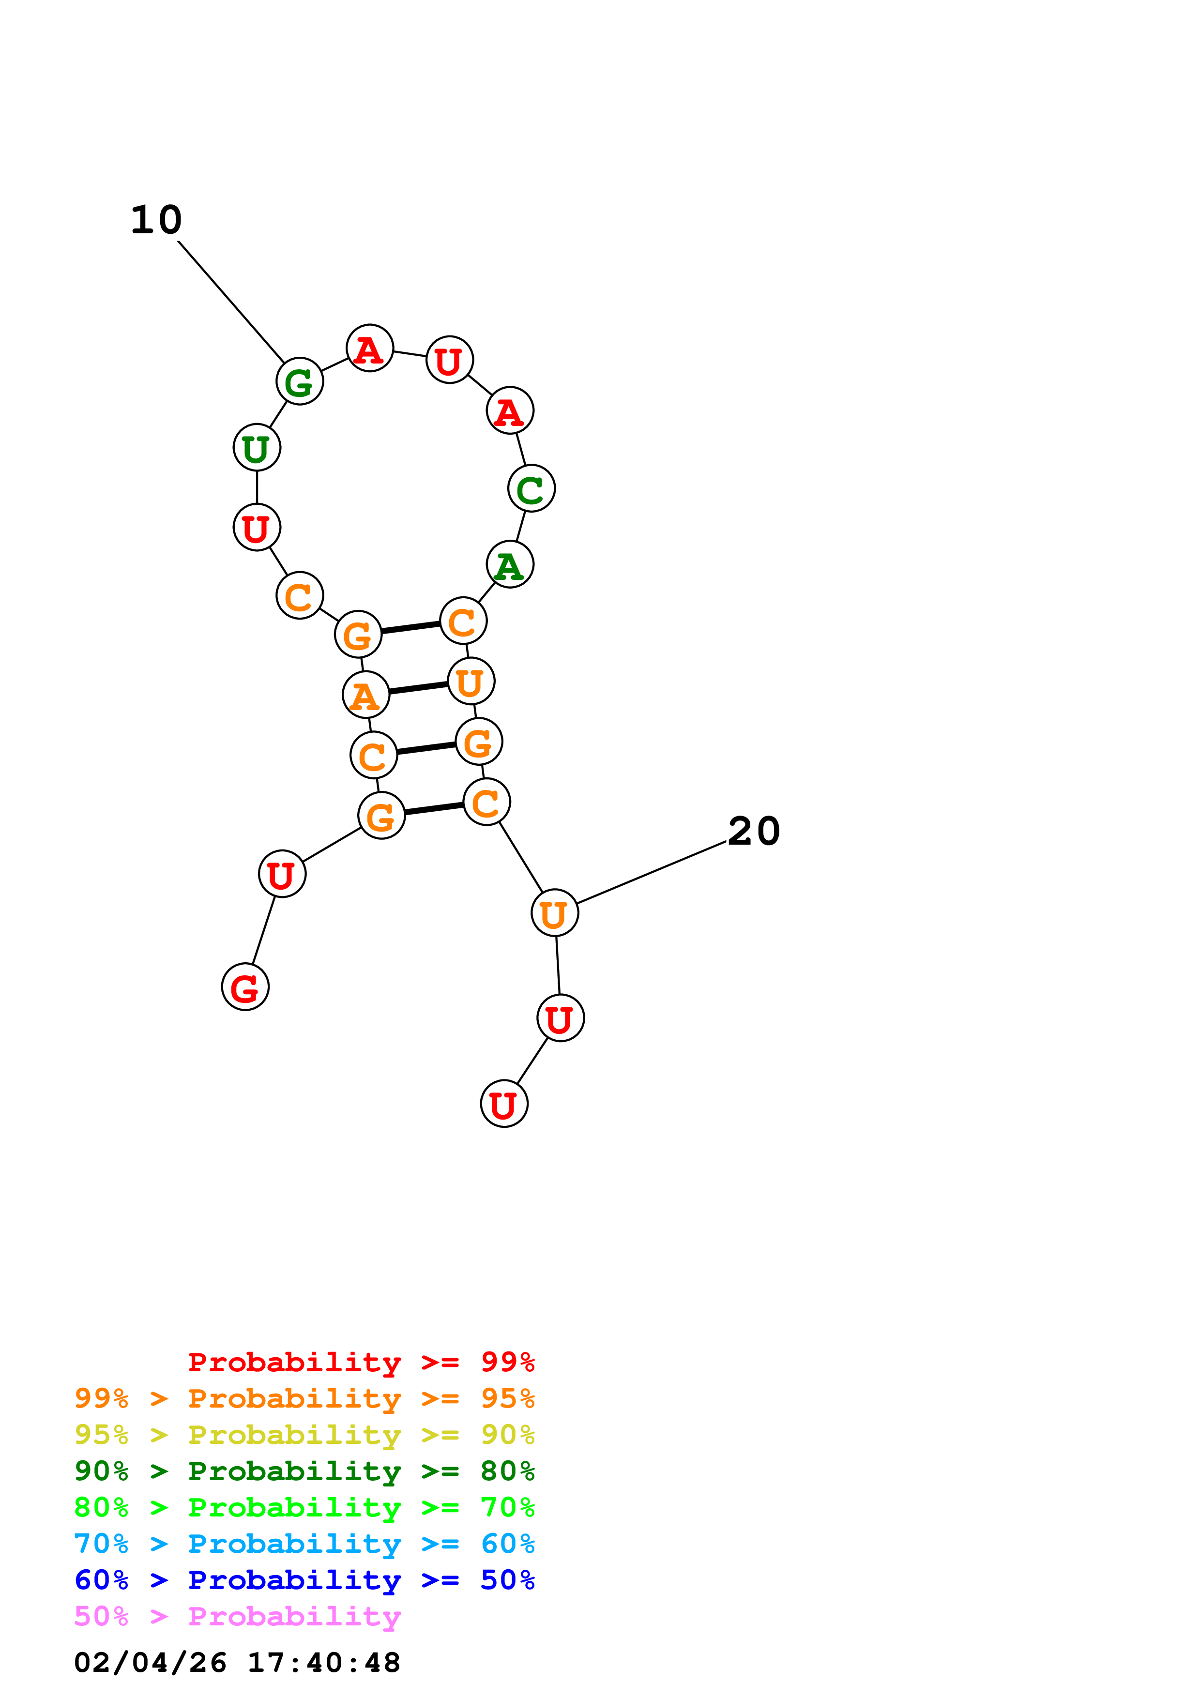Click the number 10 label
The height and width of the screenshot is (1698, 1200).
pyautogui.click(x=156, y=220)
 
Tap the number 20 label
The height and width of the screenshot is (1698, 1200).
pyautogui.click(x=753, y=831)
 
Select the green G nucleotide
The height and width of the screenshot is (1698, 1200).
pyautogui.click(x=300, y=381)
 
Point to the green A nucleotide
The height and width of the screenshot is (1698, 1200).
pyautogui.click(x=509, y=564)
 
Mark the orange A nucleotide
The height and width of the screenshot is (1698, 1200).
pyautogui.click(x=365, y=695)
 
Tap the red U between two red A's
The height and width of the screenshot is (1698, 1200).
pyautogui.click(x=449, y=360)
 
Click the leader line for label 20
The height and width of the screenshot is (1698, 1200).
pyautogui.click(x=651, y=873)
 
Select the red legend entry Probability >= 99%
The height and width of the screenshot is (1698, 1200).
pyautogui.click(x=361, y=1362)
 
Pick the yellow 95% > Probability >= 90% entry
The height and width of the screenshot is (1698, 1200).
pyautogui.click(x=304, y=1435)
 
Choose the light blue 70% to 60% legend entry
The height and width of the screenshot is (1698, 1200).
pyautogui.click(x=304, y=1544)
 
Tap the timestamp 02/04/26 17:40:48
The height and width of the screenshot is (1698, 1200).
pyautogui.click(x=237, y=1663)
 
